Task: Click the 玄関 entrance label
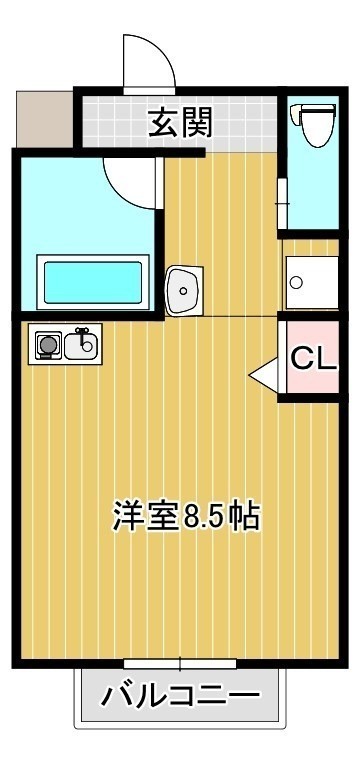[180, 122]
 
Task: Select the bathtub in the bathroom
[93, 282]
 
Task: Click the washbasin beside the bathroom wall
[184, 290]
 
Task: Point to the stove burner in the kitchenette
[48, 345]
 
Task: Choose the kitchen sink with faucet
[81, 344]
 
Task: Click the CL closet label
[313, 360]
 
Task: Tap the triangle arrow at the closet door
[263, 374]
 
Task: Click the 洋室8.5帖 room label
[187, 515]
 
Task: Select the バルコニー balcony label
[180, 696]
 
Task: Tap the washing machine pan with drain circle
[312, 282]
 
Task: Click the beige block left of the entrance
[45, 119]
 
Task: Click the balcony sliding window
[180, 663]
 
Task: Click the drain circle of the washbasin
[183, 291]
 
